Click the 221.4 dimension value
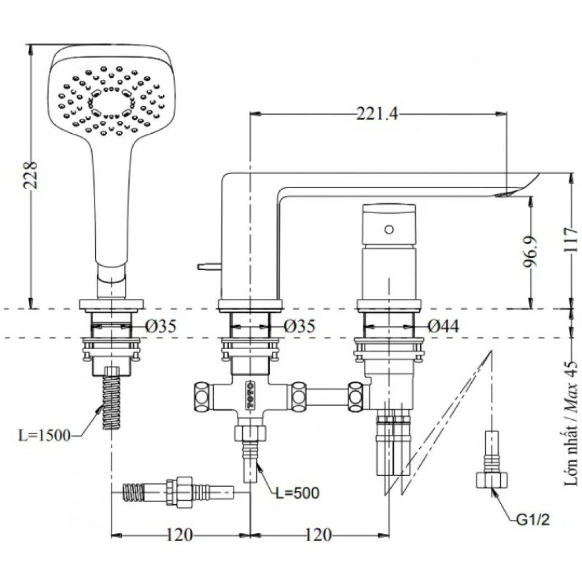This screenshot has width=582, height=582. (x=377, y=114)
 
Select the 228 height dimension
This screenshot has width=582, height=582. (x=32, y=175)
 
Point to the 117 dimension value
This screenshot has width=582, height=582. (x=570, y=241)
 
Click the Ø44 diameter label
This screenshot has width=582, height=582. (x=443, y=326)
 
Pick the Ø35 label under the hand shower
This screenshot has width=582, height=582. (x=161, y=326)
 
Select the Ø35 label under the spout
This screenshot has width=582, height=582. (x=299, y=326)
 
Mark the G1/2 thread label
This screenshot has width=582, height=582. (x=533, y=520)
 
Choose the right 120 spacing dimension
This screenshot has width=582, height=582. (x=318, y=535)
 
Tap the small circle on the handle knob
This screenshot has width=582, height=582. (x=389, y=229)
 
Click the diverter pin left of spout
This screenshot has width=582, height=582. (x=208, y=267)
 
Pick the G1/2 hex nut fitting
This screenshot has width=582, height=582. (x=491, y=481)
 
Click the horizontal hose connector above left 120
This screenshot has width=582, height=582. (x=176, y=492)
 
